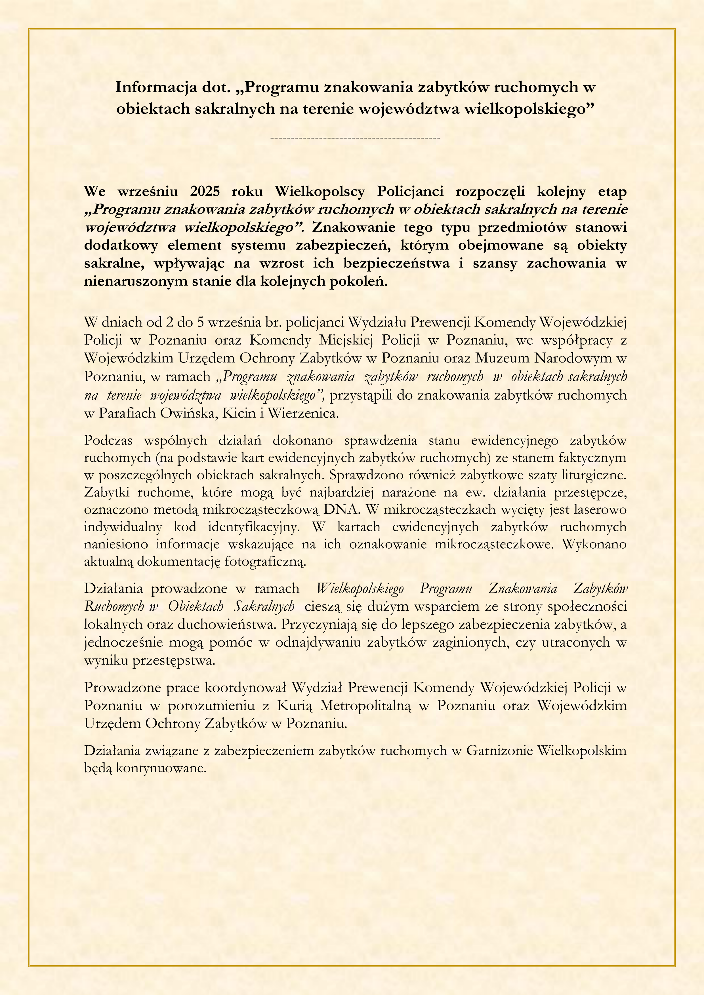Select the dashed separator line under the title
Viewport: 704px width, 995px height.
[x=355, y=138]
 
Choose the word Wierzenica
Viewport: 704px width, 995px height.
[x=302, y=413]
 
